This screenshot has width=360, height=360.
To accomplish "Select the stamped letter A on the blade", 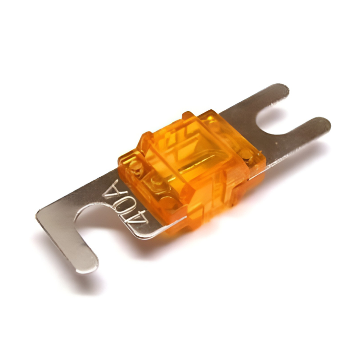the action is coord(113,190).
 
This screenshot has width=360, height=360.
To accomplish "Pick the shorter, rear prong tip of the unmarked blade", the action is coord(281,89).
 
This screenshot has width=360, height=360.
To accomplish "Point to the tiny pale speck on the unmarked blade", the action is coord(277,143).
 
